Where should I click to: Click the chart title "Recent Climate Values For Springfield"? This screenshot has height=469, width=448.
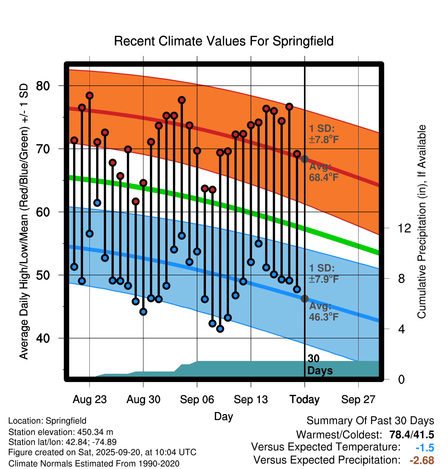tap(224, 41)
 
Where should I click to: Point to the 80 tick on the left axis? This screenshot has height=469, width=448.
tap(43, 86)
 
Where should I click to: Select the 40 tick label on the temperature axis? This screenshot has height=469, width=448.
tap(43, 338)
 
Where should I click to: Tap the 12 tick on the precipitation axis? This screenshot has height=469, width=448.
tap(404, 228)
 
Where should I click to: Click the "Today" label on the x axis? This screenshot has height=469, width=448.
tap(304, 399)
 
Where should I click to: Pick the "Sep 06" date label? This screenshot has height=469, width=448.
tap(197, 399)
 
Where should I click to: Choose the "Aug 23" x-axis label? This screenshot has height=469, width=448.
tap(89, 399)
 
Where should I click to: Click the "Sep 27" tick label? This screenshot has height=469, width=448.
tap(358, 399)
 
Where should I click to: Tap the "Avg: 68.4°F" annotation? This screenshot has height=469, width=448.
tap(323, 172)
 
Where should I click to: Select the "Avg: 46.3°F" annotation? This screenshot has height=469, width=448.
tap(323, 311)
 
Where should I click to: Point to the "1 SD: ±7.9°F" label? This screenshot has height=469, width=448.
tap(323, 273)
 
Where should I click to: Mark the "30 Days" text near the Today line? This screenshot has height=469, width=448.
tap(320, 365)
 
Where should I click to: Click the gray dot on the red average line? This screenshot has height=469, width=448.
tap(304, 159)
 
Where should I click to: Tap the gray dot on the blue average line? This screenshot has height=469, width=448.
tap(304, 299)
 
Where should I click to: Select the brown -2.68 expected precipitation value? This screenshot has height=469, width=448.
tap(422, 460)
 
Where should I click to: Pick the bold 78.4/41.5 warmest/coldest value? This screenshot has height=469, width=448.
tap(412, 435)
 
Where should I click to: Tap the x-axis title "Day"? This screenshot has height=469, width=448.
tap(223, 416)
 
